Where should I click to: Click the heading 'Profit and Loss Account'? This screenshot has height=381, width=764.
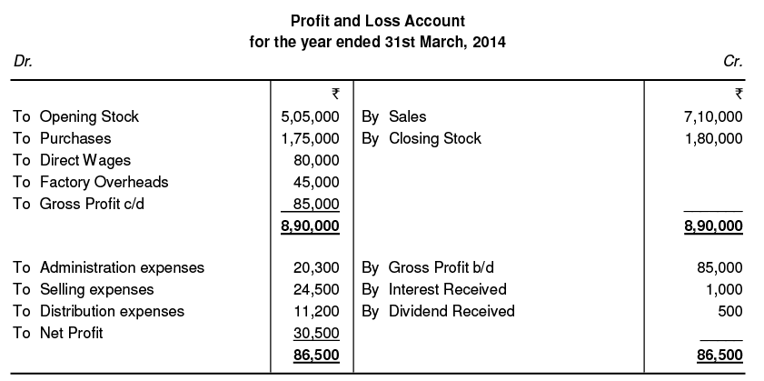[377, 20]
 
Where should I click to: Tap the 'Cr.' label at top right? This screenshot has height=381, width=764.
[733, 63]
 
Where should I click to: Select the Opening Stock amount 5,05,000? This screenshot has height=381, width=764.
[311, 116]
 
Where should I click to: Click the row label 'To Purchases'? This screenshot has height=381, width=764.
[63, 138]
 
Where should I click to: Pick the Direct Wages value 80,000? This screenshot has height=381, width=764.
[319, 160]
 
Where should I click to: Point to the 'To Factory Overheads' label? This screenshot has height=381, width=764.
[91, 182]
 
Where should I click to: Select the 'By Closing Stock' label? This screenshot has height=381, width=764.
[422, 138]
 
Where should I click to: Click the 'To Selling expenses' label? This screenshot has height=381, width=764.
[84, 289]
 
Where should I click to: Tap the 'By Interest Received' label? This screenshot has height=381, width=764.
[434, 289]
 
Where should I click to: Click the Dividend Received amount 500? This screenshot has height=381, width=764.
[731, 311]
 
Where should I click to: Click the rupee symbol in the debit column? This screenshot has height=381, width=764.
[335, 93]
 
